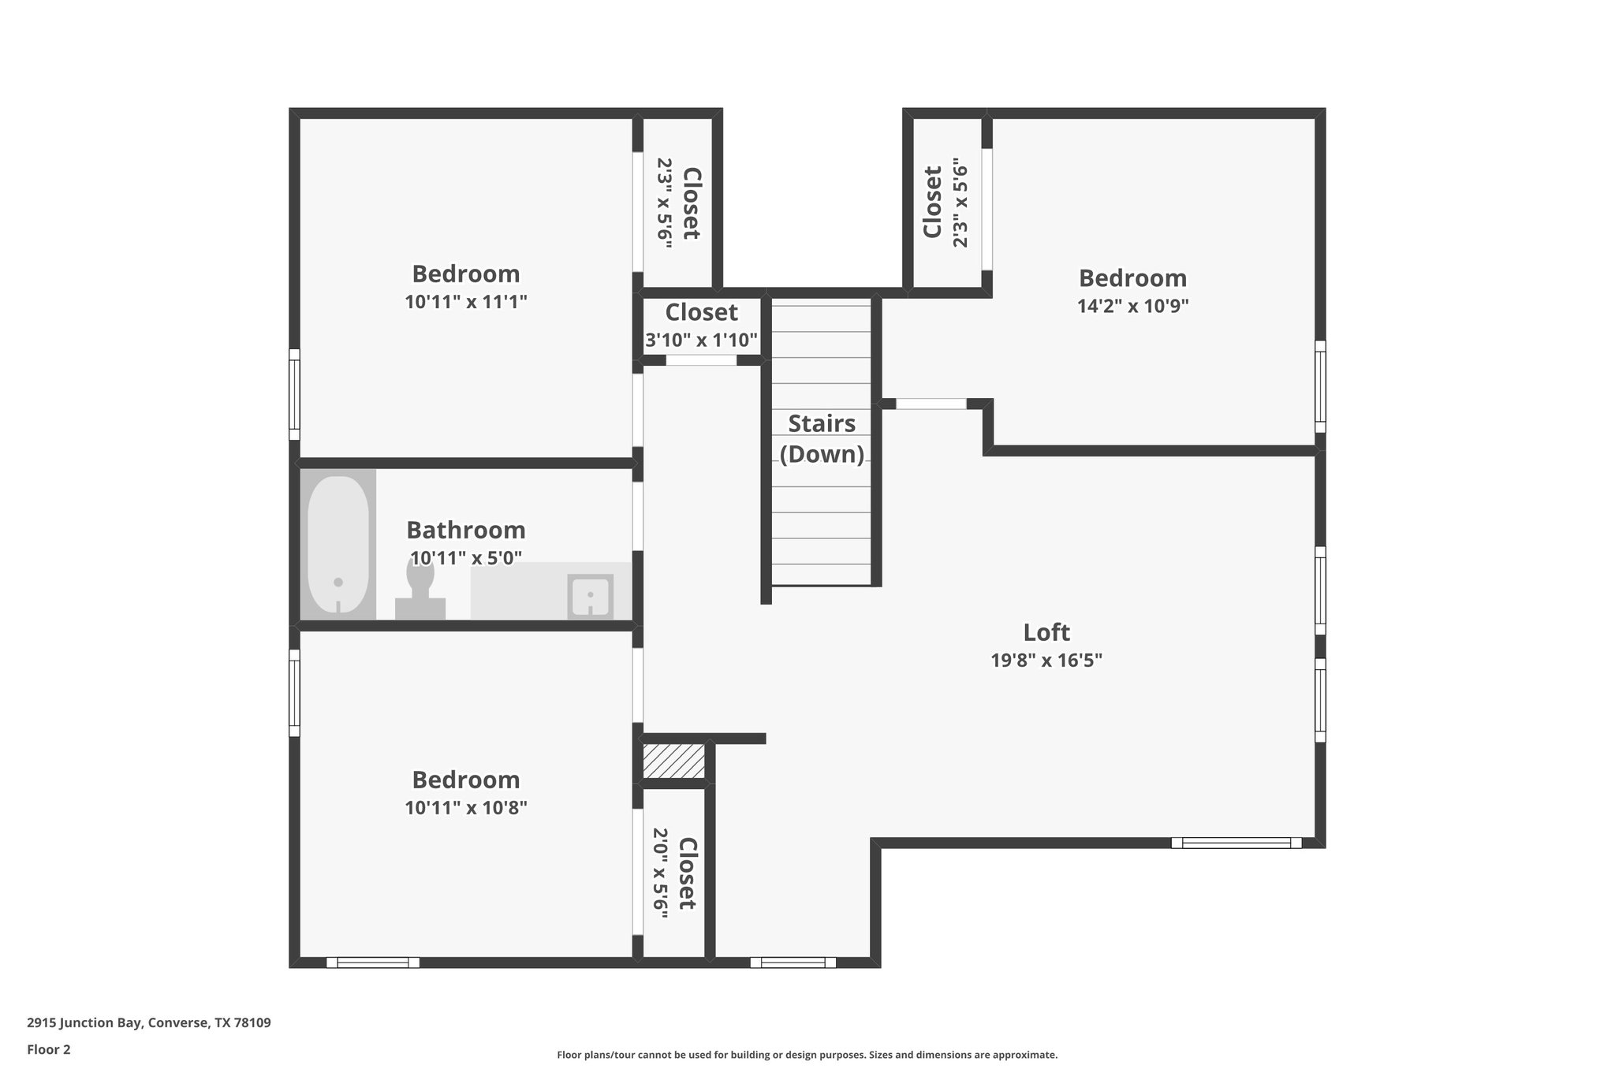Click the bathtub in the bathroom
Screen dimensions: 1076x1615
338,544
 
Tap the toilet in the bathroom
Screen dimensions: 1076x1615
420,587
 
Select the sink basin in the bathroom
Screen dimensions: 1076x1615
590,597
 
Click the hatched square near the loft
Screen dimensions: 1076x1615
673,761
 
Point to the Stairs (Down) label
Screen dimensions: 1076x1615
822,438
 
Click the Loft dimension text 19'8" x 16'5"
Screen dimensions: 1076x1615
1046,661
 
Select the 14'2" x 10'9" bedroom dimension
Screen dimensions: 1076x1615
1132,306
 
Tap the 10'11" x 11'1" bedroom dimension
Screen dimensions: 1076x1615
465,302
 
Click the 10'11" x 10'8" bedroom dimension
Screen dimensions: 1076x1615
465,808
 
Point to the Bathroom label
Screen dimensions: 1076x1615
465,530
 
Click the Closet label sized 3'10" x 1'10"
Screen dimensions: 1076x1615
701,313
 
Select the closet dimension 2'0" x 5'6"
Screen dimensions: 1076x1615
661,873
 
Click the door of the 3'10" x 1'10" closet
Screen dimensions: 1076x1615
701,360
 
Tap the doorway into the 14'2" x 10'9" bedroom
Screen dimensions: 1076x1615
931,404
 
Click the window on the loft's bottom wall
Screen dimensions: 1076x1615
1236,843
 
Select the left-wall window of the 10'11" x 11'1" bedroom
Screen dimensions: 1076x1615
294,394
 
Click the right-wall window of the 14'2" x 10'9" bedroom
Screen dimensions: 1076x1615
1320,386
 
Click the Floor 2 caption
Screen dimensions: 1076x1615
49,1049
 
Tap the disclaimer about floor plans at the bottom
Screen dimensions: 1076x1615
807,1055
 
